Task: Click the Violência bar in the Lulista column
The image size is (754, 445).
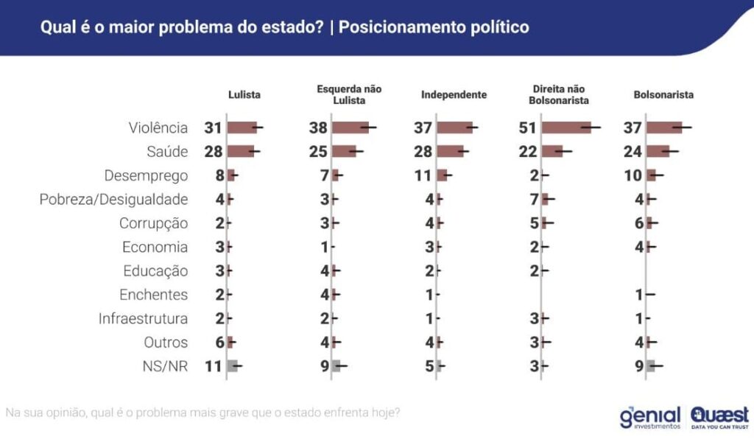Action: (x=242, y=127)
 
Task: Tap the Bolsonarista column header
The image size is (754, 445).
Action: (x=663, y=95)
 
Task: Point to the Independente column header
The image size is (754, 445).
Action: (x=454, y=95)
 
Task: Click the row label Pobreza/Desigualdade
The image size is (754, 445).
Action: (x=113, y=199)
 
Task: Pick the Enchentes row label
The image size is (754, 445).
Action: (x=153, y=295)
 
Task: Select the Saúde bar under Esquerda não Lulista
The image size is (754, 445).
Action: (x=344, y=151)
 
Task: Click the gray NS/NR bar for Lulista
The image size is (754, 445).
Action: (x=233, y=366)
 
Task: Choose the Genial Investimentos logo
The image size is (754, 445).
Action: (x=651, y=416)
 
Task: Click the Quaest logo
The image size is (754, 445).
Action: (x=719, y=416)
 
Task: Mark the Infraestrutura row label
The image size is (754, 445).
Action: (x=143, y=319)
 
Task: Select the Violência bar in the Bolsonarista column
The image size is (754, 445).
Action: (x=664, y=127)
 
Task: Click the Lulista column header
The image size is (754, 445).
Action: (x=244, y=95)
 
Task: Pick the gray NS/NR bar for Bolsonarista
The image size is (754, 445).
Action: (x=651, y=366)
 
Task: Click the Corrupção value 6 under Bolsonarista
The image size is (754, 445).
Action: (x=638, y=223)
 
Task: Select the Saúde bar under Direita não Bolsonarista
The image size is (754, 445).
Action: (x=552, y=151)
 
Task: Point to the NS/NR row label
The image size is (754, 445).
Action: (x=165, y=366)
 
